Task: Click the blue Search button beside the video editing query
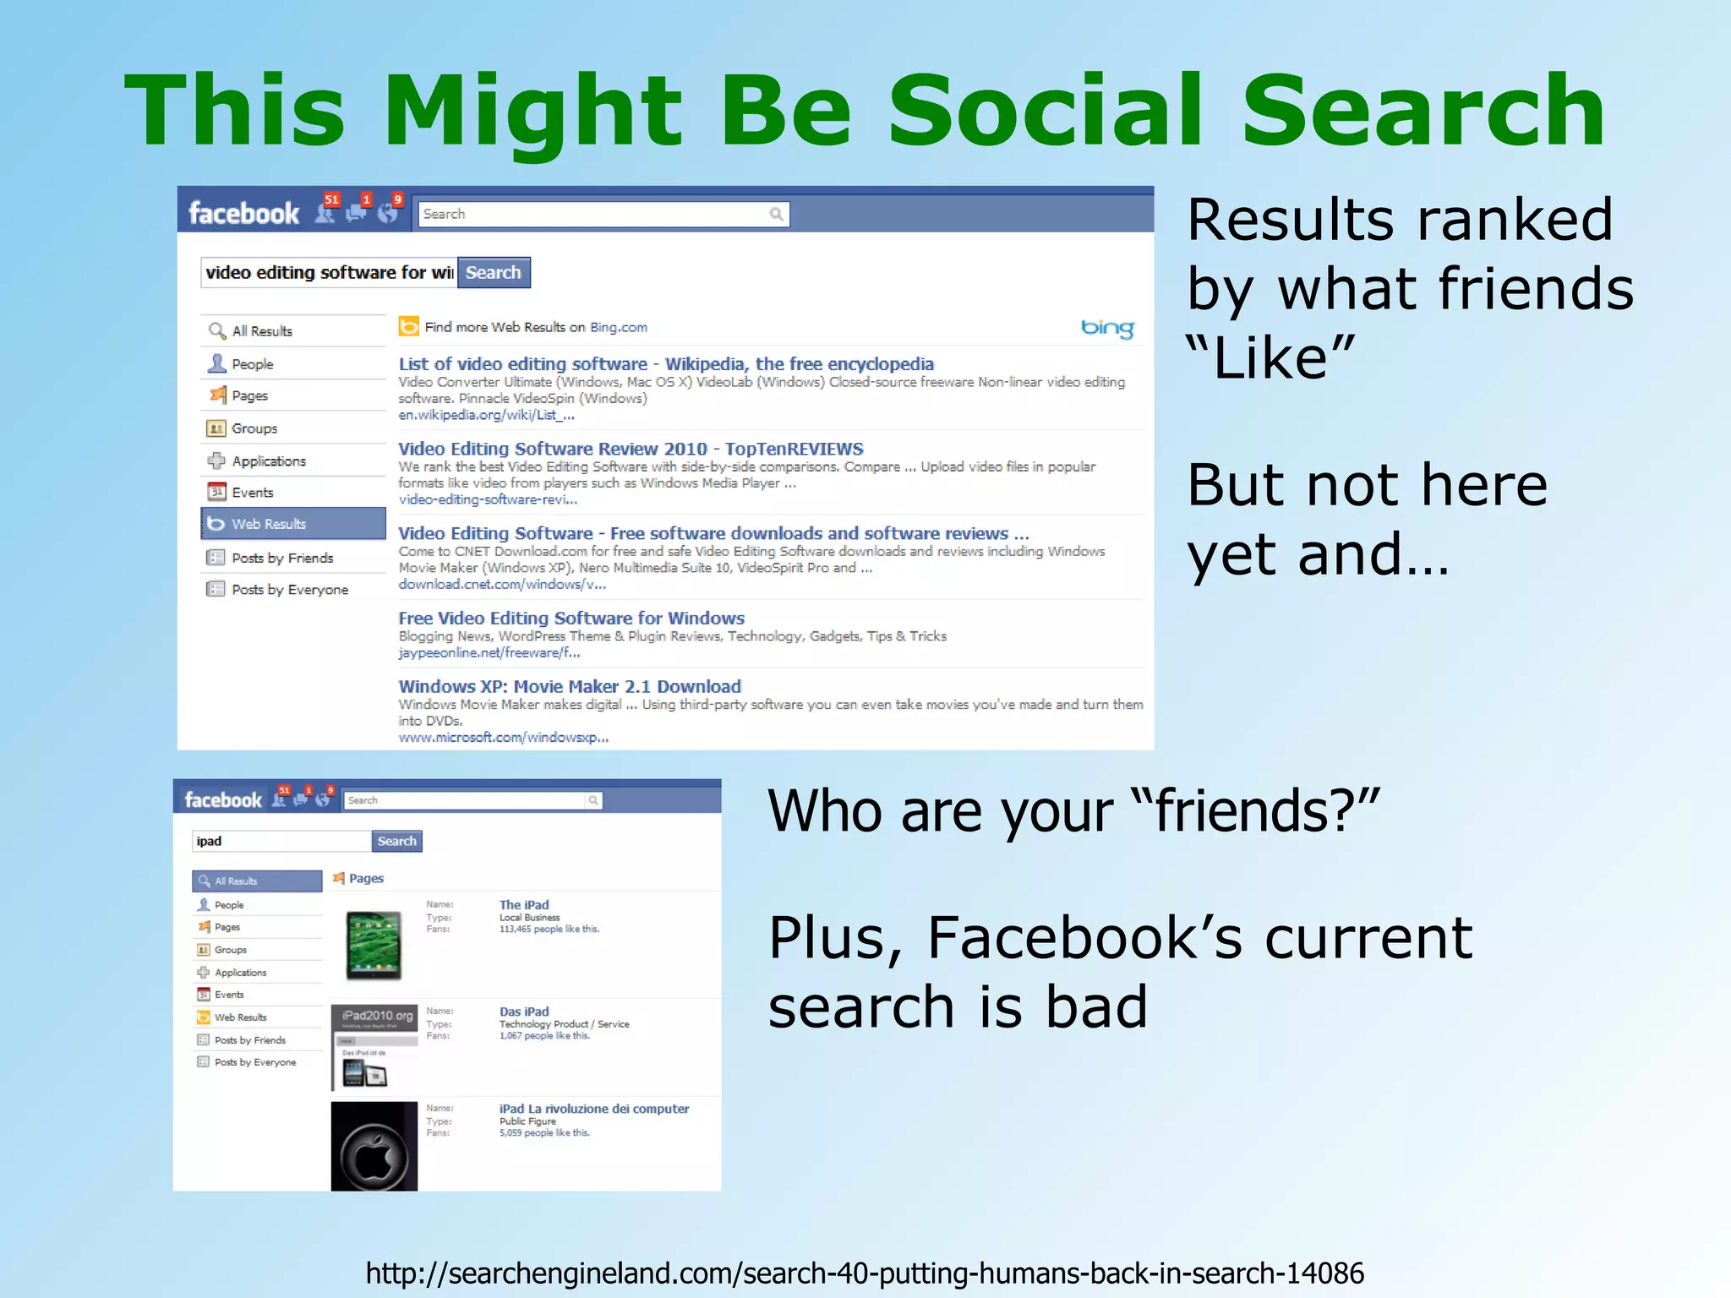(x=494, y=273)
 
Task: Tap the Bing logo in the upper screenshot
(x=1107, y=328)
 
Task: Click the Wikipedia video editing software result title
(x=666, y=364)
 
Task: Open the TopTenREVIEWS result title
(x=631, y=449)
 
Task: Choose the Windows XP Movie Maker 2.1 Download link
(x=570, y=686)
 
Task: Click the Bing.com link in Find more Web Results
(x=618, y=328)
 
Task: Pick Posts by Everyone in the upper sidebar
(x=289, y=590)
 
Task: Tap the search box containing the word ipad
(x=281, y=841)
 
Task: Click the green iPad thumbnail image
(x=374, y=946)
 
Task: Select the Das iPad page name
(x=524, y=1012)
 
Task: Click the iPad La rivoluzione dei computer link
(x=594, y=1109)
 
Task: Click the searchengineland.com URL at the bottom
(x=865, y=1273)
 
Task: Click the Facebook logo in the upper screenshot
(x=243, y=213)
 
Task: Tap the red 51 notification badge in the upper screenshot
(x=332, y=200)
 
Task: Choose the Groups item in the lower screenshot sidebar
(x=230, y=950)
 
